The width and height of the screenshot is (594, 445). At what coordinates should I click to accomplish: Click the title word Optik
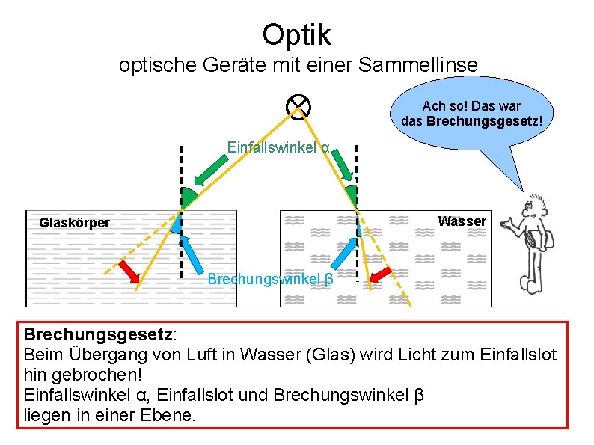pyautogui.click(x=296, y=34)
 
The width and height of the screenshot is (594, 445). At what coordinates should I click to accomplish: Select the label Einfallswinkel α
pyautogui.click(x=279, y=148)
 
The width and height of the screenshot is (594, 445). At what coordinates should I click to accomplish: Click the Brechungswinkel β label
pyautogui.click(x=269, y=280)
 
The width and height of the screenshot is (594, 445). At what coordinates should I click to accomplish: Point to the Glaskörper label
pyautogui.click(x=74, y=222)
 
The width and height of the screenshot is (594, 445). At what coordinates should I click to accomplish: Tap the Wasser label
pyautogui.click(x=462, y=221)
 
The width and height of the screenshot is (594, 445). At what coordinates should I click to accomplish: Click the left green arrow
pyautogui.click(x=211, y=169)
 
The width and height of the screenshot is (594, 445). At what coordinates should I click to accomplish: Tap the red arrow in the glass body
pyautogui.click(x=128, y=271)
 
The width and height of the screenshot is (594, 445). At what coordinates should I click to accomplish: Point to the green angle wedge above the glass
pyautogui.click(x=189, y=197)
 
